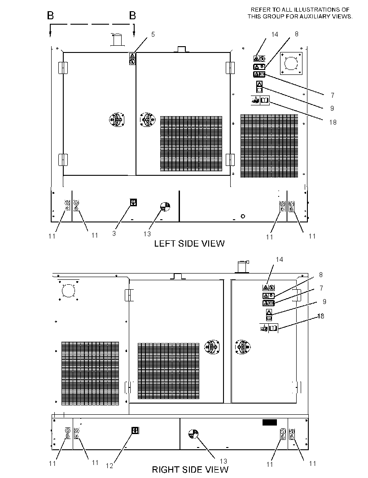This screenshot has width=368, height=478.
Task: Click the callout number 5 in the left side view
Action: tap(153, 35)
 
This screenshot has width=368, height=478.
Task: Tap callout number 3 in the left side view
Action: tap(114, 234)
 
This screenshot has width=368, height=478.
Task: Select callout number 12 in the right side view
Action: tap(109, 466)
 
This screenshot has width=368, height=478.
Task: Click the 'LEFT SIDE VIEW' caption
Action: tap(189, 243)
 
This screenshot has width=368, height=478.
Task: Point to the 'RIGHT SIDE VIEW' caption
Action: tap(190, 469)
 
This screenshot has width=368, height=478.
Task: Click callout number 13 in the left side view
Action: tap(147, 234)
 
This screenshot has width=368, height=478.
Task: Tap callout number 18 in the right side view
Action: tap(321, 316)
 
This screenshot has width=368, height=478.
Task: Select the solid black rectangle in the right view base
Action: tap(270, 422)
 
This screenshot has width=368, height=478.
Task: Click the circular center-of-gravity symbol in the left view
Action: tap(165, 206)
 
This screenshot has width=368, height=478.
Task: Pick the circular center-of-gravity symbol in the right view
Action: tap(193, 434)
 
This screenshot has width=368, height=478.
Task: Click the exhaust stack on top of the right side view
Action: tap(243, 267)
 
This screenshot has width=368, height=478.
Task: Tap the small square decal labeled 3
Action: tap(133, 202)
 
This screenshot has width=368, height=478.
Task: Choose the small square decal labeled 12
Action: tap(135, 430)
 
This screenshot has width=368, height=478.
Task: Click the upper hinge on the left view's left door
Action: tap(63, 68)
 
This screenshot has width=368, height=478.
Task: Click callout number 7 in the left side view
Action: tap(333, 96)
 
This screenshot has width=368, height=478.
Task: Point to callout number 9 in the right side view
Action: tap(324, 301)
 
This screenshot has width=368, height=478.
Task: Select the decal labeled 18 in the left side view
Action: tap(260, 100)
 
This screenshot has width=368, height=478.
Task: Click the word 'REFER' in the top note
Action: tap(261, 10)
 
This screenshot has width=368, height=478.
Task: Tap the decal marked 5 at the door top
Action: tap(132, 59)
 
